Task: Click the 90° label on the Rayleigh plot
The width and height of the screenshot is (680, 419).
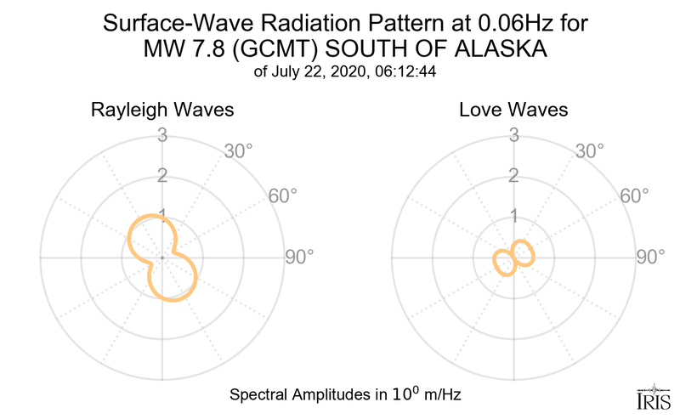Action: tap(298, 256)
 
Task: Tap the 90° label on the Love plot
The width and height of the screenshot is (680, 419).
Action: tap(650, 256)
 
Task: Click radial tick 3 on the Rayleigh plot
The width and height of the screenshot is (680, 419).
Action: tap(161, 134)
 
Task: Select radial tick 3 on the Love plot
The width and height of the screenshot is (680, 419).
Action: tap(513, 134)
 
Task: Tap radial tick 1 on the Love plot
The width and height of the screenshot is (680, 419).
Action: tap(513, 215)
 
